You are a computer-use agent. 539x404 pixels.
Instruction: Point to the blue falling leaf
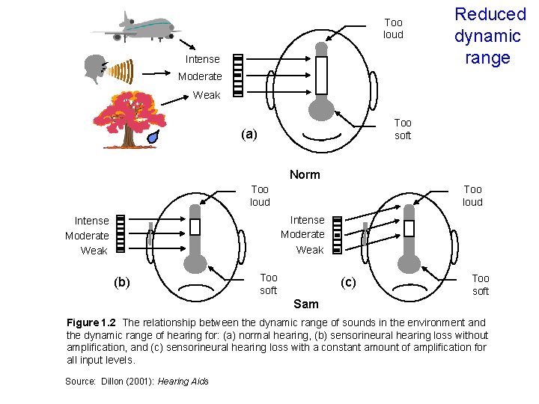pos(153,137)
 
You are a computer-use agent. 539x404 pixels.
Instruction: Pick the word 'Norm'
pos(305,174)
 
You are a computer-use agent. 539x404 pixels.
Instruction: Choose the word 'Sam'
pos(305,304)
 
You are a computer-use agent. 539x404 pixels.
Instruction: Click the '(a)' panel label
pos(249,135)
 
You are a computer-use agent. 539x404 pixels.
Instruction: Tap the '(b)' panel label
pos(121,282)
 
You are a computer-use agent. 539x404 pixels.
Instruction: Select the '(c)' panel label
pos(348,282)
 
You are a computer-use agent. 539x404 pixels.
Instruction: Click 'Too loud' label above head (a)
pos(393,28)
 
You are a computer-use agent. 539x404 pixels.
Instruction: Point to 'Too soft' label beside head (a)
pos(403,129)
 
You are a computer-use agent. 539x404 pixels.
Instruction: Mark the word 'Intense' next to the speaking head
pos(203,59)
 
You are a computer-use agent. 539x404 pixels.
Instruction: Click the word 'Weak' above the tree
pos(207,95)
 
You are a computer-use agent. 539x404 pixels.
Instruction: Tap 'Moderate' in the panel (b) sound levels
pos(87,236)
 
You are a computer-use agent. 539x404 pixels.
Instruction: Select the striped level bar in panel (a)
pos(238,75)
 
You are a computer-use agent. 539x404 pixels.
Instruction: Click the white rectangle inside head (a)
pos(322,74)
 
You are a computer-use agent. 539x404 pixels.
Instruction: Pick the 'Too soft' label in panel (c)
pos(481,284)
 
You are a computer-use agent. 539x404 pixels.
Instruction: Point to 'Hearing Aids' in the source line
pos(183,382)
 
